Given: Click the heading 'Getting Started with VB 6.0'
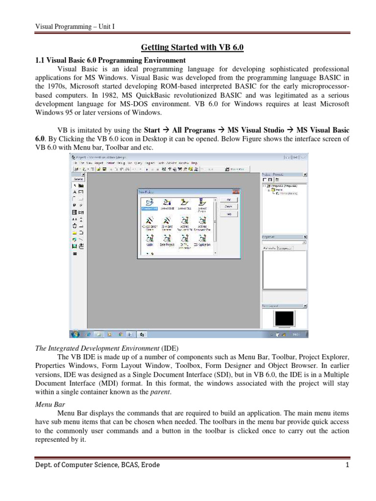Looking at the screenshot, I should click(192, 47).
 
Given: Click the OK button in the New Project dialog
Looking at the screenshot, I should click(228, 200).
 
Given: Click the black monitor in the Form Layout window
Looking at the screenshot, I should click(284, 319).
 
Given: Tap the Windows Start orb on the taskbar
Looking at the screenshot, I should click(75, 335).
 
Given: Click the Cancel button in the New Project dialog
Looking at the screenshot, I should click(228, 206).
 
